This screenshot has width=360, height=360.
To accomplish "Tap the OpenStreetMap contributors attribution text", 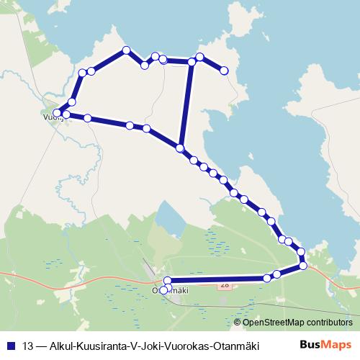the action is pyautogui.click(x=294, y=323).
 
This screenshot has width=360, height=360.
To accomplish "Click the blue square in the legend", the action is pyautogui.click(x=10, y=345).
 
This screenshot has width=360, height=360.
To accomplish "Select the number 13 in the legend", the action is pyautogui.click(x=28, y=345).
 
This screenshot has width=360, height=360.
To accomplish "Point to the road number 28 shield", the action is pyautogui.click(x=225, y=285).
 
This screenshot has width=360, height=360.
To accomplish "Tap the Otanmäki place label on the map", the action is pyautogui.click(x=171, y=290).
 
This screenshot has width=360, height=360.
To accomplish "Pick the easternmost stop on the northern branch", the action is pyautogui.click(x=224, y=71).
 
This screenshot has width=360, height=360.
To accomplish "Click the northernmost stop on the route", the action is pyautogui.click(x=127, y=50).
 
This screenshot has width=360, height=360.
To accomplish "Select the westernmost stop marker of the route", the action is pyautogui.click(x=57, y=113).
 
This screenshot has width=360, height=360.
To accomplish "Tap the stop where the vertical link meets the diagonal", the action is pyautogui.click(x=180, y=148).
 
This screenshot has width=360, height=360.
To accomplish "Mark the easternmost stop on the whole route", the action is pyautogui.click(x=303, y=265).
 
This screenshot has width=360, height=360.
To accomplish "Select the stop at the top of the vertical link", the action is pyautogui.click(x=192, y=62).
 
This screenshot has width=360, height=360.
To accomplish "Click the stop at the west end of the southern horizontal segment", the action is pyautogui.click(x=168, y=281).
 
